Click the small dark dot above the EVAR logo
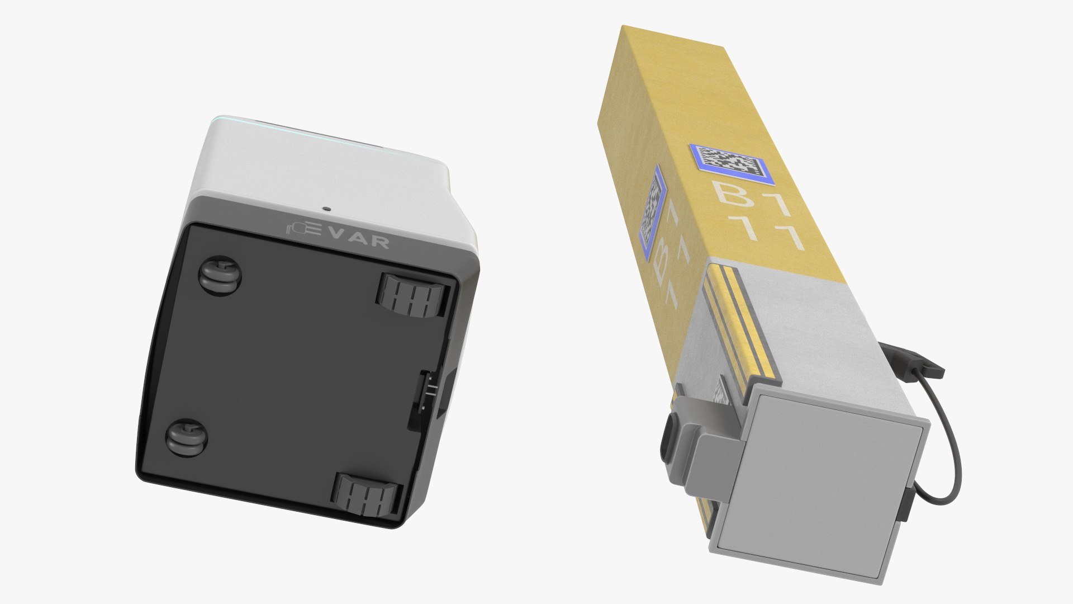[326, 209]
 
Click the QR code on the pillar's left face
[654, 213]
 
